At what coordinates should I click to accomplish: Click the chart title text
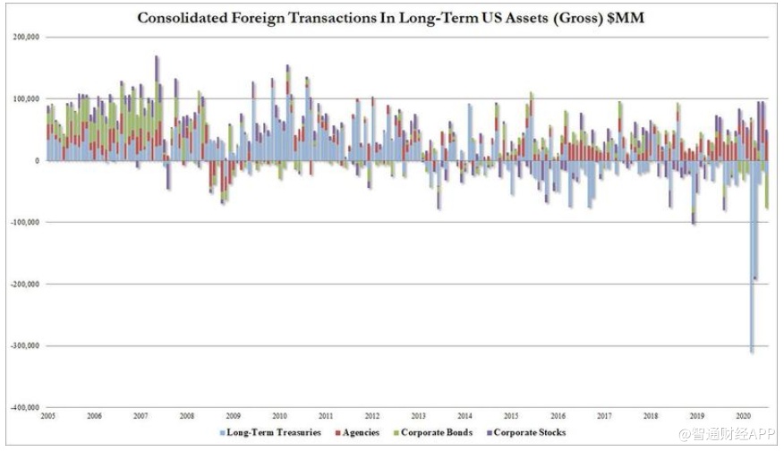pyautogui.click(x=392, y=17)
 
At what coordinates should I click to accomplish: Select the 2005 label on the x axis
pyautogui.click(x=48, y=416)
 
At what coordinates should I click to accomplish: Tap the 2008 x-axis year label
pyautogui.click(x=186, y=416)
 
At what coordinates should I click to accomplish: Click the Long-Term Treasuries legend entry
pyautogui.click(x=270, y=433)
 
